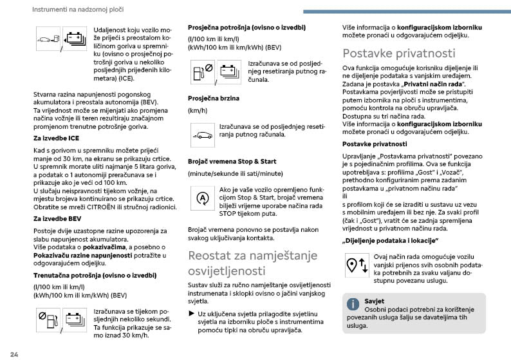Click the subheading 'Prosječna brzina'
tap(213, 98)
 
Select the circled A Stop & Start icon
tap(202, 198)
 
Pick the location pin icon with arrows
tap(356, 265)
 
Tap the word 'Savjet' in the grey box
tap(374, 301)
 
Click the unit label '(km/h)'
tap(197, 111)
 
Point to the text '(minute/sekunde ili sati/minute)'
tap(235, 174)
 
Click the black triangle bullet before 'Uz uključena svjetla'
tap(191, 313)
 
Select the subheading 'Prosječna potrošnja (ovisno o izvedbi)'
tap(246, 28)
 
